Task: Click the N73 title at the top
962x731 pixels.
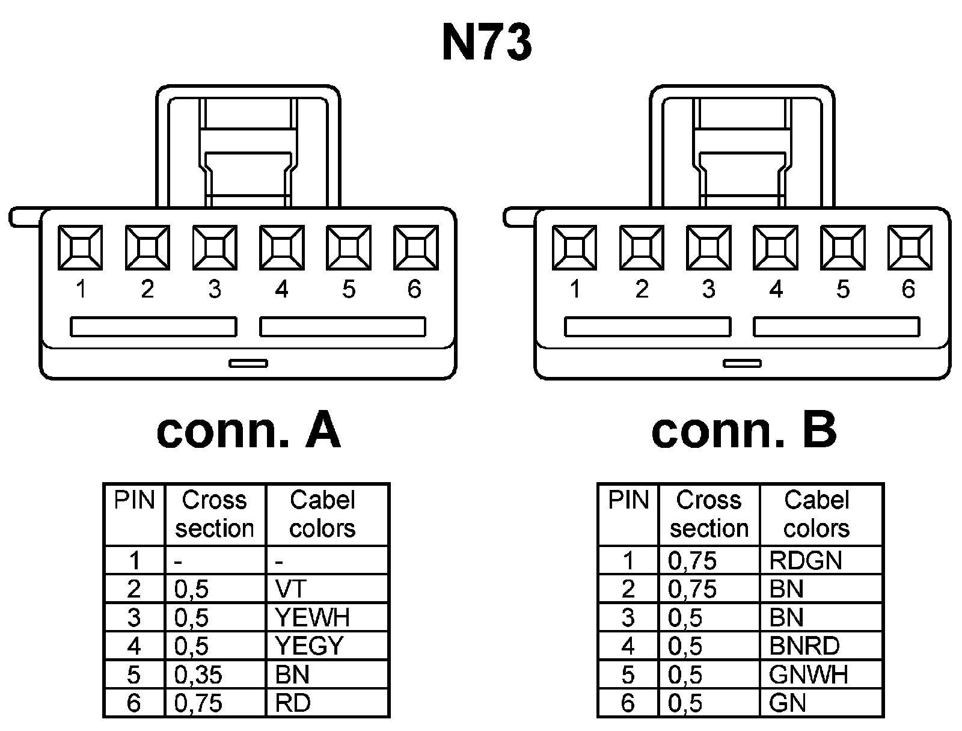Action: point(487,43)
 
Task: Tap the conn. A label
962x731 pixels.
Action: point(248,431)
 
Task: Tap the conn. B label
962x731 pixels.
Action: point(744,431)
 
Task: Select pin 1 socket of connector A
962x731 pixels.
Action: point(80,247)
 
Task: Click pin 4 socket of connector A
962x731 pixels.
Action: point(281,247)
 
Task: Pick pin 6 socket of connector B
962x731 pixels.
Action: point(909,247)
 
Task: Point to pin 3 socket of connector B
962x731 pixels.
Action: point(708,247)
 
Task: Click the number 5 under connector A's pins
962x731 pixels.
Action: point(349,290)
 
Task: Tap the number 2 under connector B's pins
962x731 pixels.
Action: point(642,290)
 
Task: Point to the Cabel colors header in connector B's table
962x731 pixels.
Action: point(816,514)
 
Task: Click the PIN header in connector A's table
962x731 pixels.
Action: point(134,500)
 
